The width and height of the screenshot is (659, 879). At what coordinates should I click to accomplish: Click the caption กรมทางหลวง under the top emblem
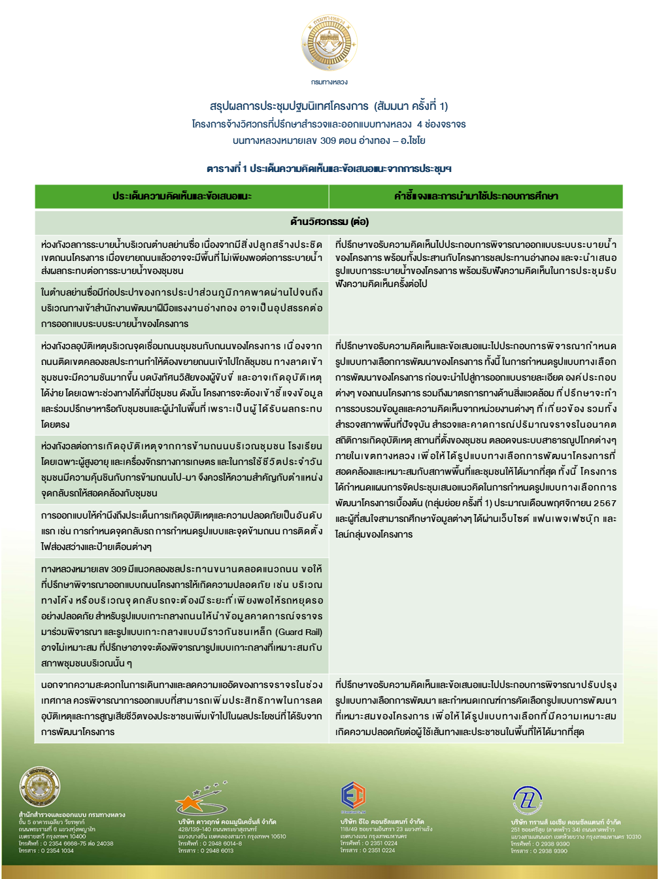coord(329,82)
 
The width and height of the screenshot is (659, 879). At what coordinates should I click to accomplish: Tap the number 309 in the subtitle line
coord(328,140)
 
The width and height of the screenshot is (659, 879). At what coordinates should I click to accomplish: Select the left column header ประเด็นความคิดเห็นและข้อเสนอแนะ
coord(182,196)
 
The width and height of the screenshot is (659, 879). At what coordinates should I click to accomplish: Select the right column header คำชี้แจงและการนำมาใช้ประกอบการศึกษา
coord(475,196)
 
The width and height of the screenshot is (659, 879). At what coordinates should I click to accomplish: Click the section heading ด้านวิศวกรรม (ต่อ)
coord(329,221)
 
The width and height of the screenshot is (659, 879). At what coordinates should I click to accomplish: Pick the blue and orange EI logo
coord(353,795)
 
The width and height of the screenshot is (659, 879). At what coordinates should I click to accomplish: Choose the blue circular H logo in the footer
coord(527,799)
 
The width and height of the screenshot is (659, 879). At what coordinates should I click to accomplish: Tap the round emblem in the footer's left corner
coord(40,787)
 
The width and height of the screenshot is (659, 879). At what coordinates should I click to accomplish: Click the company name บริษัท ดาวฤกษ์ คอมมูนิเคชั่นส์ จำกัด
coord(227,821)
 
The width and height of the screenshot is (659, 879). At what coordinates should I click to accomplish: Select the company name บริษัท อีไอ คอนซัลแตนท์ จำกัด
coord(382,821)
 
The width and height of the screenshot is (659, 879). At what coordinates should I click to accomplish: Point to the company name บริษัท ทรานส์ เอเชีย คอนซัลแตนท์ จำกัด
coord(566,822)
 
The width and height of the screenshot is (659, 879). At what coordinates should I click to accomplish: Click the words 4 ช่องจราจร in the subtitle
coord(441,124)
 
